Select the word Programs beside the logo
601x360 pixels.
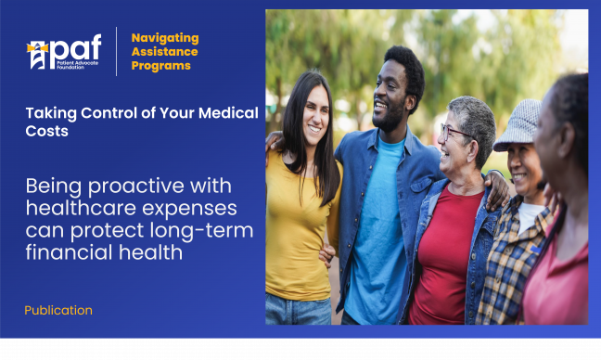point(161,66)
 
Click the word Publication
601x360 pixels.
point(58,310)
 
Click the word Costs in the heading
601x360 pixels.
point(46,132)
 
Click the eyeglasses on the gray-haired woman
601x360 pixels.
point(454,132)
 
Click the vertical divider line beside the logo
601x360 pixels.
point(116,51)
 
